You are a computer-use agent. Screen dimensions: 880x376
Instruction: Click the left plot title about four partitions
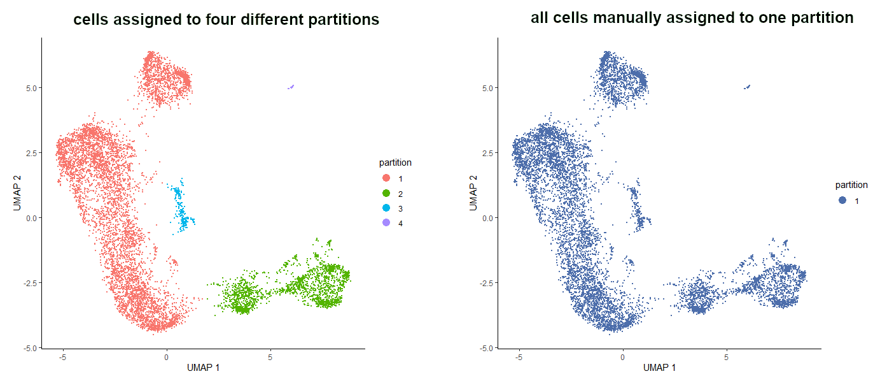(227, 20)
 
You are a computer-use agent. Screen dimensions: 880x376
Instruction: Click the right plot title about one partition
(692, 18)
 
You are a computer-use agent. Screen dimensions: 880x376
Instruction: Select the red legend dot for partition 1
(386, 178)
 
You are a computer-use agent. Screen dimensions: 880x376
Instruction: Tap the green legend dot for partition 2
(386, 193)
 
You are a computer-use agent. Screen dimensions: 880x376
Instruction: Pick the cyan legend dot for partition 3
(386, 208)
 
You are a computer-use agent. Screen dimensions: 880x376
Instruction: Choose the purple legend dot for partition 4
(386, 222)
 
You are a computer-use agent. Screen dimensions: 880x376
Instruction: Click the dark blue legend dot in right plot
(842, 200)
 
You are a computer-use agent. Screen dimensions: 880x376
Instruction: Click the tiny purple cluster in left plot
(291, 87)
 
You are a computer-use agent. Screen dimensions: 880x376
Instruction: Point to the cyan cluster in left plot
(181, 206)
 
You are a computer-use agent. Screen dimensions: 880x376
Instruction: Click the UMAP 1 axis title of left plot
(203, 367)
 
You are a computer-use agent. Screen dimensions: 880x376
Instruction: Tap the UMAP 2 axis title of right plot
(473, 192)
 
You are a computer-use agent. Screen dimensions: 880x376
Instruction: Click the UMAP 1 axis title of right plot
(659, 367)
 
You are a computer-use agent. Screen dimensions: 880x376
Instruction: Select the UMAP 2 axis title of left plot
(17, 192)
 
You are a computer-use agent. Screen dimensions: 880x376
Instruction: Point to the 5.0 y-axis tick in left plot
(31, 88)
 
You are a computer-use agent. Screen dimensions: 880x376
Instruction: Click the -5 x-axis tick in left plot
(62, 358)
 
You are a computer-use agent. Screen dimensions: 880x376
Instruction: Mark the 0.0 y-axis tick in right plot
(487, 219)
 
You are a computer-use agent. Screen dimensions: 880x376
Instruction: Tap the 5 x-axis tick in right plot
(727, 358)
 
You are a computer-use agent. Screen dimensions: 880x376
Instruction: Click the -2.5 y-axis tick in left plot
(31, 283)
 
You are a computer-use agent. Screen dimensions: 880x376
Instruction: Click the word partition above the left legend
(395, 163)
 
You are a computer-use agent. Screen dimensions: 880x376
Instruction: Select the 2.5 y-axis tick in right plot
(487, 153)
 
